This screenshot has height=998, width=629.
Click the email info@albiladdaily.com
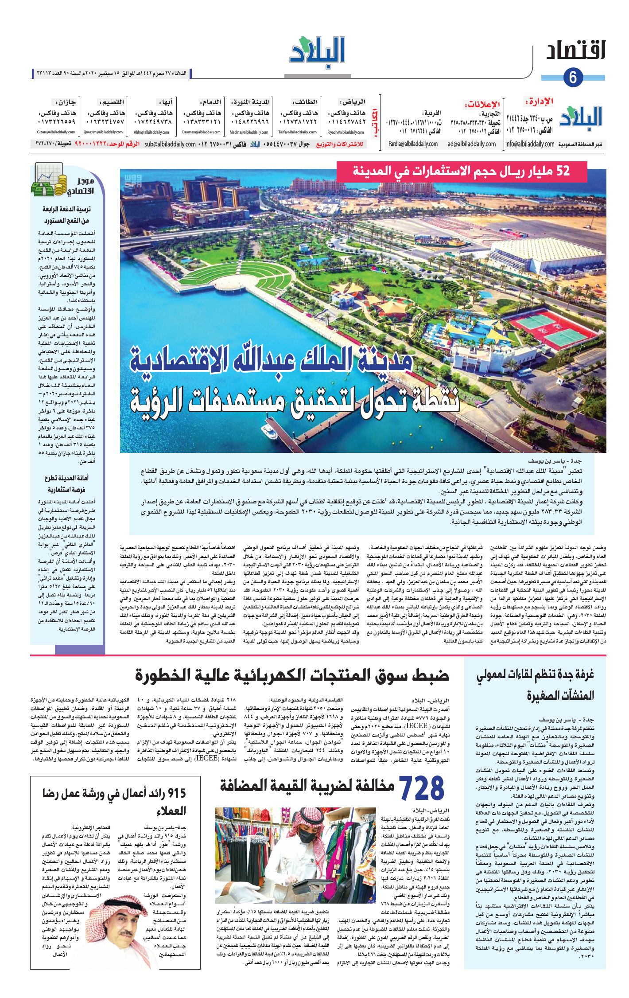tap(530, 144)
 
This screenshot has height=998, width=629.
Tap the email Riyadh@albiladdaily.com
tap(346, 132)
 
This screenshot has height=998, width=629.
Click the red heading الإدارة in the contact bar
tap(540, 101)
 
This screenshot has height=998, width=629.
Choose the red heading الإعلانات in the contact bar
tap(483, 105)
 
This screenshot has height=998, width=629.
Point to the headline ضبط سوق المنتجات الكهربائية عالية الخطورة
tap(292, 675)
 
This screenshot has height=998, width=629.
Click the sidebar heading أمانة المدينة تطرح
tap(66, 478)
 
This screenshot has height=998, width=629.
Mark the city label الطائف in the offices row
tap(305, 102)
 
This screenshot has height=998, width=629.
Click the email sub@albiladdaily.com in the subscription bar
tap(170, 144)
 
